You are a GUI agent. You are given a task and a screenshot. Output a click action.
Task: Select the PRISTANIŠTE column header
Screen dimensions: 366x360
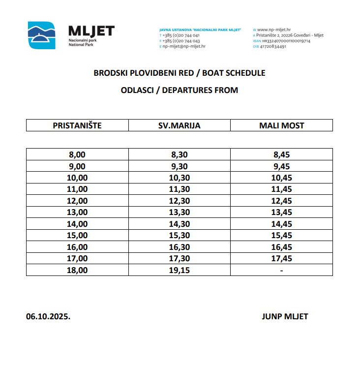77,125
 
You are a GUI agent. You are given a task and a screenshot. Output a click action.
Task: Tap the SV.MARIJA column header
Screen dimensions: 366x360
180,125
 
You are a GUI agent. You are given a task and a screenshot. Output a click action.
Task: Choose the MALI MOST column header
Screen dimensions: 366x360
281,125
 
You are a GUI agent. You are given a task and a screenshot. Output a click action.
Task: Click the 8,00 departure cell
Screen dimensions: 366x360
77,154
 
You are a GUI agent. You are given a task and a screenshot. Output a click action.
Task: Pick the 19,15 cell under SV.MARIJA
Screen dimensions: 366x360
180,270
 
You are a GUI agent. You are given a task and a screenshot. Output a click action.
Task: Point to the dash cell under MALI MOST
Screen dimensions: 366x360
281,270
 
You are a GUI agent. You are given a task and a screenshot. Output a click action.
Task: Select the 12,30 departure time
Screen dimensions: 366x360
180,201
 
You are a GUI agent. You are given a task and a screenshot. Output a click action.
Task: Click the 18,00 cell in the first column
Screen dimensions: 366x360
77,270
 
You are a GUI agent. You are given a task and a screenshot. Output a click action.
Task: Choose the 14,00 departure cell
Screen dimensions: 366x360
77,224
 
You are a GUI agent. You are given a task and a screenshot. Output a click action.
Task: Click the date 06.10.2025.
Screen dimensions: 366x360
48,316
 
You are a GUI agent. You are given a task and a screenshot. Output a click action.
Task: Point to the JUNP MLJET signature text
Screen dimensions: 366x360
285,316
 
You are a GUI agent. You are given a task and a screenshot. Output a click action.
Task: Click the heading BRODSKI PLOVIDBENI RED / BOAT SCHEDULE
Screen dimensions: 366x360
180,73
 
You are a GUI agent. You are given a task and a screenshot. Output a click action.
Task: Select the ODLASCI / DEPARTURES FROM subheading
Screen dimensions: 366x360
180,90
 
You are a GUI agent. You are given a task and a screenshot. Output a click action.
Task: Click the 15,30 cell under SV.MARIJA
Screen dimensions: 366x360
180,235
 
